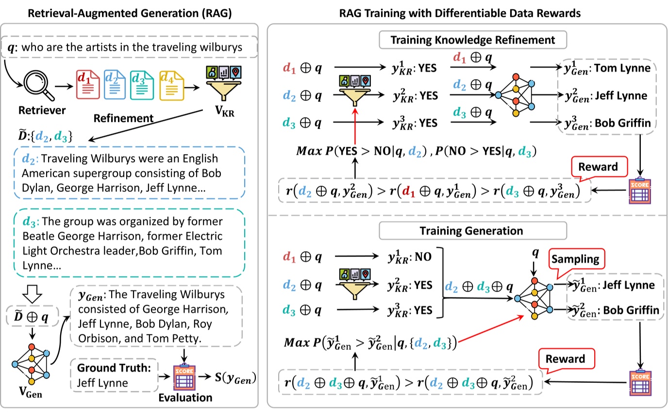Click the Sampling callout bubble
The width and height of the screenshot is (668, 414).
point(577,259)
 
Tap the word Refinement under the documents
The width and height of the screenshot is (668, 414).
point(123,118)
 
